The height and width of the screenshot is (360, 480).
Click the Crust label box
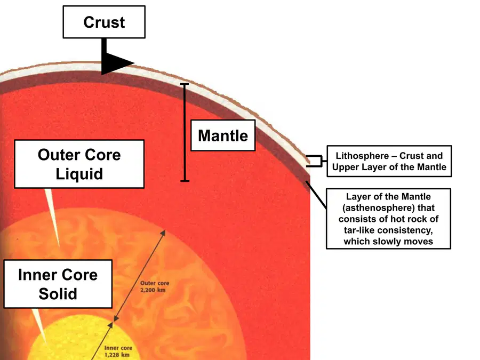click(104, 22)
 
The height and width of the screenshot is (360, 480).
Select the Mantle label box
click(223, 135)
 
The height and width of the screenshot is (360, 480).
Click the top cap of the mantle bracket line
click(185, 84)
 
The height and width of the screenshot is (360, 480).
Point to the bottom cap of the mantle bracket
click(185, 181)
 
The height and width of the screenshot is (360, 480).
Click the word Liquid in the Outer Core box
click(79, 174)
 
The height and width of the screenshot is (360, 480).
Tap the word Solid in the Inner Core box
click(58, 294)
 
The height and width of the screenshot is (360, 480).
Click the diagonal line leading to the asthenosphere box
click(316, 195)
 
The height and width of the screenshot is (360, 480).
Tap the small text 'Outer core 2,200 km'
click(155, 286)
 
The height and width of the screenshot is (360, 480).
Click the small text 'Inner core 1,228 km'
click(118, 351)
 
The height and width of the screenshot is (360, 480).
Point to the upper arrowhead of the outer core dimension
click(163, 233)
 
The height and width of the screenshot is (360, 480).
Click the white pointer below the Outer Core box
click(52, 217)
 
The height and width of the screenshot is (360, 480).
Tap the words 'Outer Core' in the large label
click(79, 155)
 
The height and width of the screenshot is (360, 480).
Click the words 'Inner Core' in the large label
click(58, 275)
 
